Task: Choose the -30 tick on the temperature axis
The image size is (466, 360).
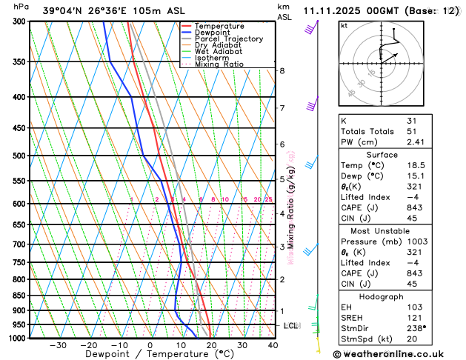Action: (58, 345)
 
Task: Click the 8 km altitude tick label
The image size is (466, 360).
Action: (282, 71)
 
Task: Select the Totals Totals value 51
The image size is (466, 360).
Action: (412, 131)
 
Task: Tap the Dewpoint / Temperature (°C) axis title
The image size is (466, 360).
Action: (152, 355)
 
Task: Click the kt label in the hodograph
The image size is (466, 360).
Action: (344, 26)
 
